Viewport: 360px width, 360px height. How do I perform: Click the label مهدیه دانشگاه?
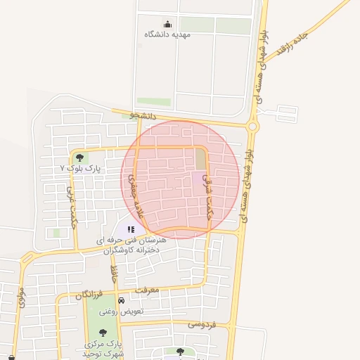click(167, 34)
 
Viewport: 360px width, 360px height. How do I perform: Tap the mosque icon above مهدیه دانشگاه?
click(167, 24)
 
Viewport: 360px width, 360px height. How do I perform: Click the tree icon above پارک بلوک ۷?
click(79, 158)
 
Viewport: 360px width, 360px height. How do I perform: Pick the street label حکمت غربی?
click(70, 207)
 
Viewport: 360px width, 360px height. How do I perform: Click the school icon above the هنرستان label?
click(131, 229)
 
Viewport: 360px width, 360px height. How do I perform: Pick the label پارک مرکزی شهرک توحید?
click(103, 348)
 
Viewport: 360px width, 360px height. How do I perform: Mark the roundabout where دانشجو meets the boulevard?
click(253, 126)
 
